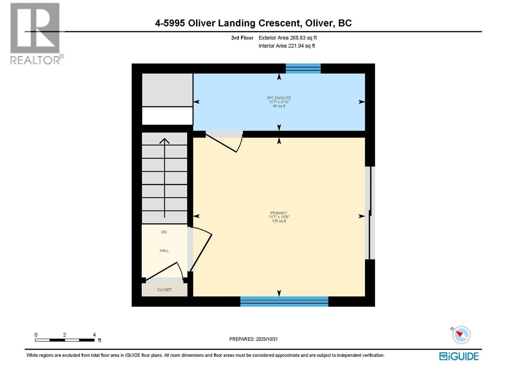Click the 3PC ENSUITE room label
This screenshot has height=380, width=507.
pos(279,98)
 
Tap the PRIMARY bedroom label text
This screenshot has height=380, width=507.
pos(279,213)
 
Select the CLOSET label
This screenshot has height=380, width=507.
pos(164,290)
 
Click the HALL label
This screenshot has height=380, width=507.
pos(164,250)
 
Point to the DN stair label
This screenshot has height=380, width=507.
pos(164,232)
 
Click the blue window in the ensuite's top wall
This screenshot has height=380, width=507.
pos(303,68)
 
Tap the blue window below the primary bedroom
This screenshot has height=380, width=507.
pos(284,301)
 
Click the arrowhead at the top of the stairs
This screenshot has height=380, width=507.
pos(164,141)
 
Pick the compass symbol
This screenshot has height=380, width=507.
pos(461,335)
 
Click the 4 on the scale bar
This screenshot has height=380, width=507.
pos(94,335)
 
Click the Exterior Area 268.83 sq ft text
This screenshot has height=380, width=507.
pos(287,38)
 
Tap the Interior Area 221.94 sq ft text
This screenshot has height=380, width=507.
pos(286,46)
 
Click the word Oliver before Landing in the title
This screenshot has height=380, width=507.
pos(203,23)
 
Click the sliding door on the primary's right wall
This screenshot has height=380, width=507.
pos(370,213)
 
